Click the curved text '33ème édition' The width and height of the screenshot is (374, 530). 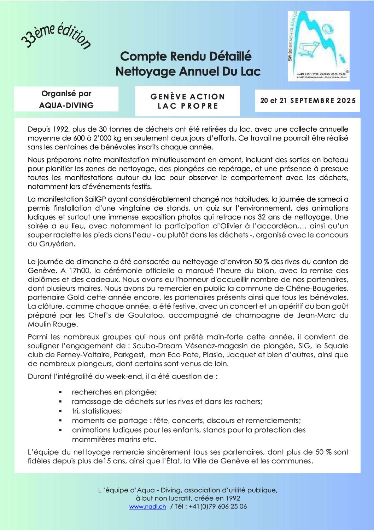point(56,36)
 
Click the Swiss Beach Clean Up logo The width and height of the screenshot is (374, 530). point(318,46)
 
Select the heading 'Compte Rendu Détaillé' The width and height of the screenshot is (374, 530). point(186,56)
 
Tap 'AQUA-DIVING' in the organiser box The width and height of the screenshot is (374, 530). point(66,105)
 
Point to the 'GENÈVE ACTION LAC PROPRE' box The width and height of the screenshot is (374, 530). point(187,101)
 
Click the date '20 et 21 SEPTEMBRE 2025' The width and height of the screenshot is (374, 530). point(308,101)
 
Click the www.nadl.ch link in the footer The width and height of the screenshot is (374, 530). point(147,507)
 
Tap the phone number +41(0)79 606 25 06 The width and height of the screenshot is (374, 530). point(218,507)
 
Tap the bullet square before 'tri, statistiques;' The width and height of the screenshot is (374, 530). point(60,411)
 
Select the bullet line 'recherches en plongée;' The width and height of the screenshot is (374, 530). point(114,392)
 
